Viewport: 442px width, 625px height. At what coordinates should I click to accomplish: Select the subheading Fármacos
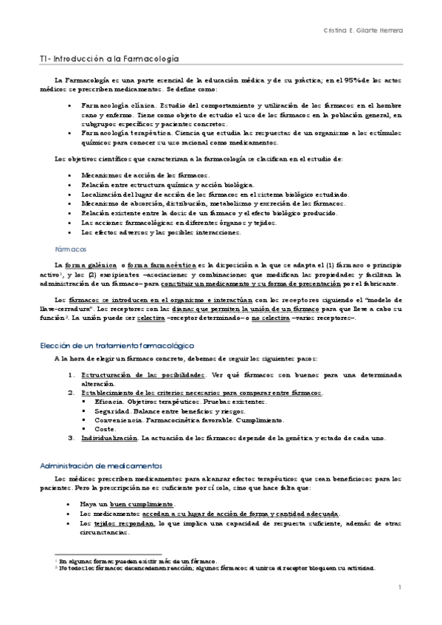[71, 249]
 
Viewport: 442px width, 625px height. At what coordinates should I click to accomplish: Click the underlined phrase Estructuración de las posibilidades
[143, 375]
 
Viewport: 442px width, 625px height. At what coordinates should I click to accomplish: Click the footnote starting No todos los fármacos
[214, 568]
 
